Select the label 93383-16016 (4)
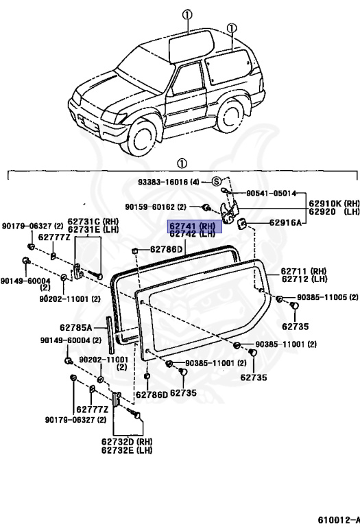tap(169, 182)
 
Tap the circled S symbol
tap(217, 182)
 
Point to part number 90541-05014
tap(272, 194)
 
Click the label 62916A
tap(285, 222)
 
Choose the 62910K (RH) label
tap(334, 203)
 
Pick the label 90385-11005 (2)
tap(328, 297)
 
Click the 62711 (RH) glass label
tap(304, 271)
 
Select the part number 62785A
tap(76, 327)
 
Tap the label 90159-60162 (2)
tap(156, 207)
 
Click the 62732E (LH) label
tap(127, 450)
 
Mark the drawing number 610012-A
tap(339, 519)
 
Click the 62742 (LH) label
tap(192, 234)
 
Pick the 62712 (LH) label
tap(304, 279)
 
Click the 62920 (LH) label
tap(334, 211)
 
